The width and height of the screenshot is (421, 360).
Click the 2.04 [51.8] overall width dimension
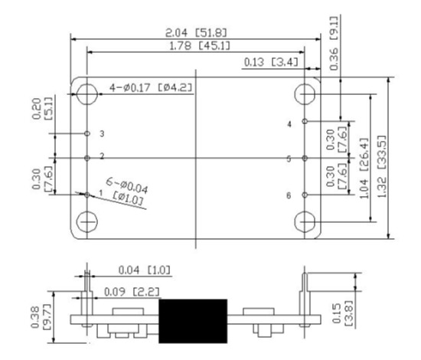click(196, 33)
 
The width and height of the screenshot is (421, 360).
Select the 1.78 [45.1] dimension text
click(200, 46)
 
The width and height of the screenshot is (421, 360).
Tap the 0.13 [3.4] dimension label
click(271, 62)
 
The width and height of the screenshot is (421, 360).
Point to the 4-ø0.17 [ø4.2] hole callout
click(151, 87)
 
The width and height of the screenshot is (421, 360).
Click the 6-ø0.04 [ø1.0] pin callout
click(126, 191)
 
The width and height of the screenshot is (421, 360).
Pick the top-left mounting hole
click(86, 94)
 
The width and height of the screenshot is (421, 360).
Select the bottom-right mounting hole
click(305, 222)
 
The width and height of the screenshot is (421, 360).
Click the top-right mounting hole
click(305, 94)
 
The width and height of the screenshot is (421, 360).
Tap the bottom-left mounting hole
click(86, 222)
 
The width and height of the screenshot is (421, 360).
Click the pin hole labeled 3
click(87, 133)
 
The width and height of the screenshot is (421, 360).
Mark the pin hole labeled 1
click(87, 195)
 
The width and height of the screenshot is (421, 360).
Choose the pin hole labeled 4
click(305, 121)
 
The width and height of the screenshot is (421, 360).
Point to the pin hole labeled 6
click(305, 195)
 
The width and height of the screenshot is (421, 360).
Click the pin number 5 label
click(289, 159)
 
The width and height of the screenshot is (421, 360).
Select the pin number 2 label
click(102, 155)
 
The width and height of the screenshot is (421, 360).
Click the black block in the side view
click(193, 321)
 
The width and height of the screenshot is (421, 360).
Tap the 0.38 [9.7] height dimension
click(41, 317)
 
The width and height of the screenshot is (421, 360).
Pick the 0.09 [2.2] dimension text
click(132, 292)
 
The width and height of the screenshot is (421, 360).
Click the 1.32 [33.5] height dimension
click(382, 166)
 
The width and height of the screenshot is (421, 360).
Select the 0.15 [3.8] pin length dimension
click(342, 313)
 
